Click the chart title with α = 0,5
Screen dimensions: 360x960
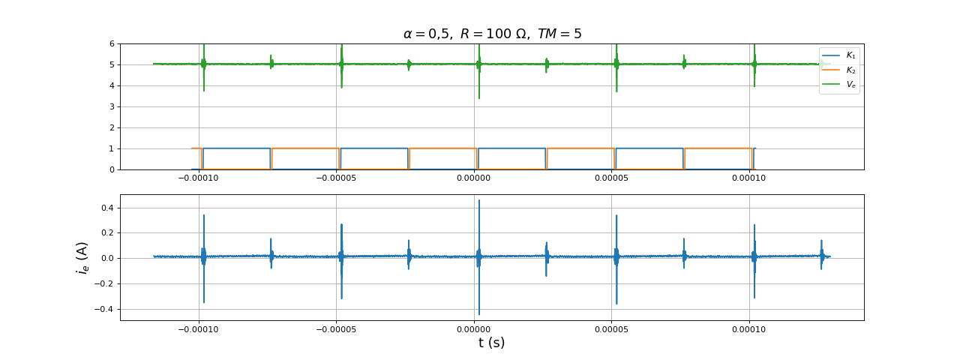(492, 34)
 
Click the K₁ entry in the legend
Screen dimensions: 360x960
(850, 55)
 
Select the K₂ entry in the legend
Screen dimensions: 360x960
(850, 70)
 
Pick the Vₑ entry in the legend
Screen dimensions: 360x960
(850, 85)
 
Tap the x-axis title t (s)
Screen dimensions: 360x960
(491, 343)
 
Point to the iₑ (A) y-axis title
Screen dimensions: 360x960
(82, 257)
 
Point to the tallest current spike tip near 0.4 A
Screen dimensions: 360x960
(479, 200)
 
